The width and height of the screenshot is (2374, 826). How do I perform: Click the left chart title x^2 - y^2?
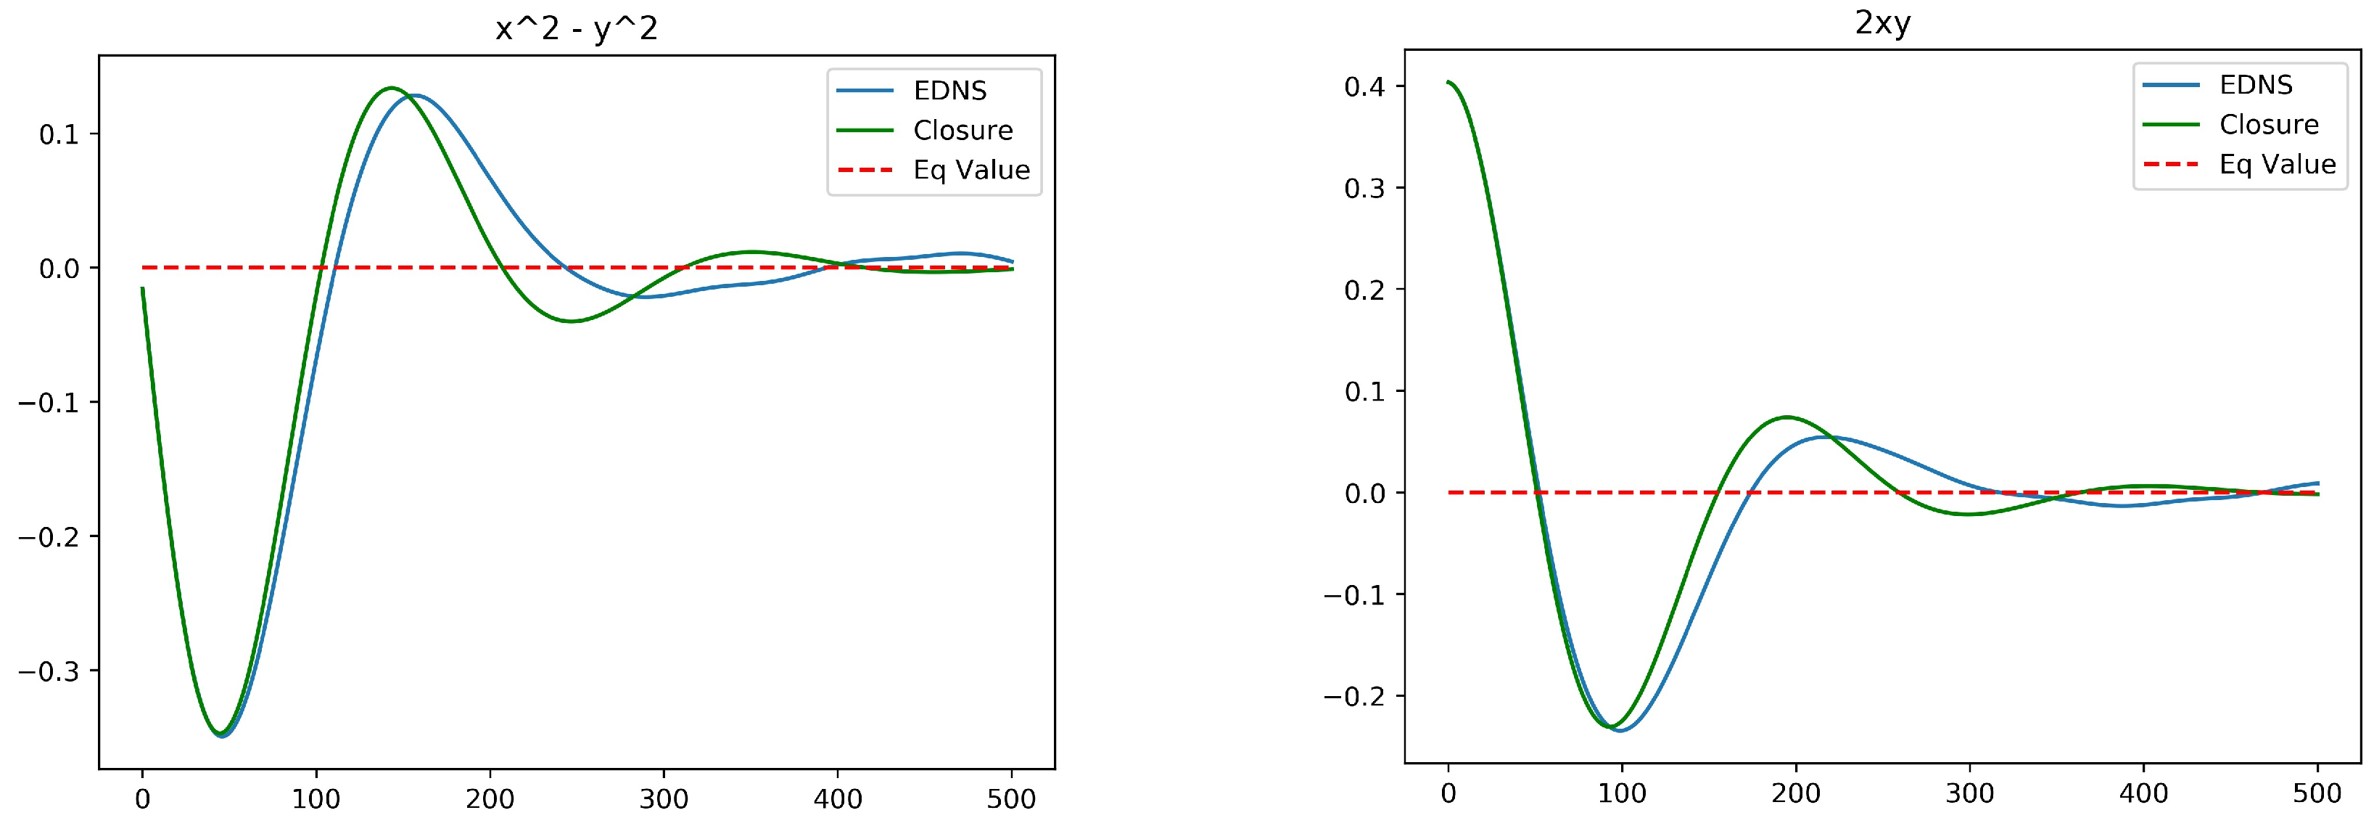(x=576, y=30)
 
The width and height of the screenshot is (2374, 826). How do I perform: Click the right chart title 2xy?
(x=1882, y=23)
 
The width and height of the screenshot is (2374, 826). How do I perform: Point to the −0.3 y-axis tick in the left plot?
(x=55, y=671)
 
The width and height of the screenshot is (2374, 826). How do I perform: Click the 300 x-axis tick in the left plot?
(x=664, y=798)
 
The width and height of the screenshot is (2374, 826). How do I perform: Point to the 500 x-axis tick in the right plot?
(x=2317, y=793)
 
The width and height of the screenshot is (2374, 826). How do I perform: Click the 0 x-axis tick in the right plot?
(x=1448, y=793)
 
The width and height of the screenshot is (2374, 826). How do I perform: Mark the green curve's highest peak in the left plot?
(x=391, y=89)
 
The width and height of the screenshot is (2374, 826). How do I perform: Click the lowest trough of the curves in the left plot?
(x=221, y=735)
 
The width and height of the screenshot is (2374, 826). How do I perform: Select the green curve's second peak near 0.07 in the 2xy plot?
(x=1787, y=417)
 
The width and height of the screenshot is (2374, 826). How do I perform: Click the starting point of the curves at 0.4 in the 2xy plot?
(x=1448, y=82)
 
